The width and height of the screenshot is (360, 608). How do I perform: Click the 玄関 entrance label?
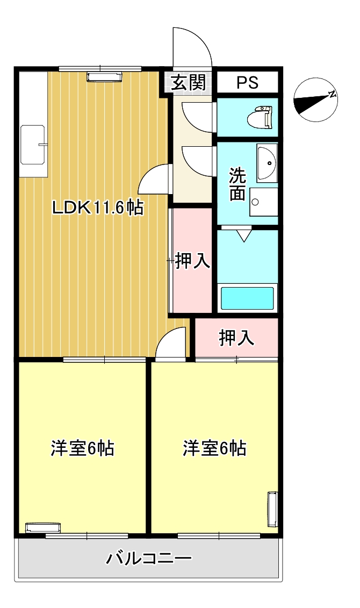click(x=189, y=82)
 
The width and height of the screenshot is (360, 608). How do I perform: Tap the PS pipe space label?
click(x=247, y=82)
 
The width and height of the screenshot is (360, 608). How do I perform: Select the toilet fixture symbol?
click(x=260, y=117)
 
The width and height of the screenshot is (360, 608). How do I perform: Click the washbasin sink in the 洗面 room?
click(x=267, y=163)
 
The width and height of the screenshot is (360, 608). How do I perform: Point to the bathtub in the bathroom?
click(x=247, y=297)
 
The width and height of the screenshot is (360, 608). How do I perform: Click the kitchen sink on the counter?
click(x=34, y=144)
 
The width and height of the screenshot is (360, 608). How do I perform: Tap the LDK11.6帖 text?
click(x=98, y=208)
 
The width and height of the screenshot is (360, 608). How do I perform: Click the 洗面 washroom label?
click(x=237, y=184)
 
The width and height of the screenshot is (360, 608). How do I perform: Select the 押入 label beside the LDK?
click(x=193, y=260)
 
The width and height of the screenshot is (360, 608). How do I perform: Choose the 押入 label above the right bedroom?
click(x=236, y=338)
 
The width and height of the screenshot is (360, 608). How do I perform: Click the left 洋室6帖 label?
click(x=82, y=448)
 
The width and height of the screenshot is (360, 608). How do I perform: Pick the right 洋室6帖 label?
click(x=214, y=448)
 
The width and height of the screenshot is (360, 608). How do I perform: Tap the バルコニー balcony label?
click(x=149, y=559)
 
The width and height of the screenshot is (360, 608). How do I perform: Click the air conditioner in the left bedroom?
click(x=43, y=528)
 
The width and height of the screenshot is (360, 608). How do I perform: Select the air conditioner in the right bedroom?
click(x=273, y=509)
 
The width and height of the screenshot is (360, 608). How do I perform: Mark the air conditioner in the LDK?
click(x=104, y=77)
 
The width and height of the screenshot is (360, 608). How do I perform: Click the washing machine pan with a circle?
click(x=263, y=202)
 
